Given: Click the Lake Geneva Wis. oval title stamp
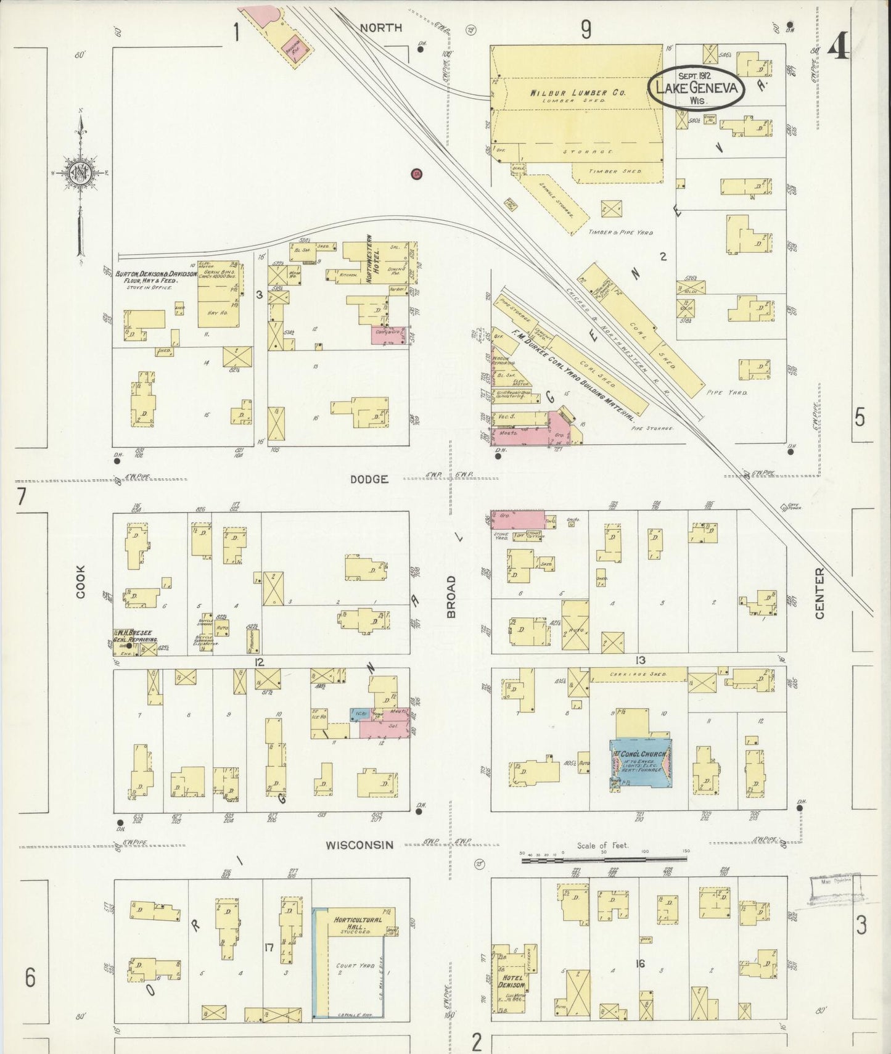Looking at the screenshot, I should (696, 88).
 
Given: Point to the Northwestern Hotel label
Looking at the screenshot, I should (369, 258).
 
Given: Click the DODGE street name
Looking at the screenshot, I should (369, 479).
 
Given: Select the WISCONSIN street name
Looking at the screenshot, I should (359, 845).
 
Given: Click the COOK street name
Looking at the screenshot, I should (81, 582).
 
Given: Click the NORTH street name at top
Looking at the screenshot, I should (380, 28).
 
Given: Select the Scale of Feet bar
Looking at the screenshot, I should (604, 858).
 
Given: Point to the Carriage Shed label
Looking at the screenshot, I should (638, 674).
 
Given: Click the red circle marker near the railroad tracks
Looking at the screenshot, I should (417, 174).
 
